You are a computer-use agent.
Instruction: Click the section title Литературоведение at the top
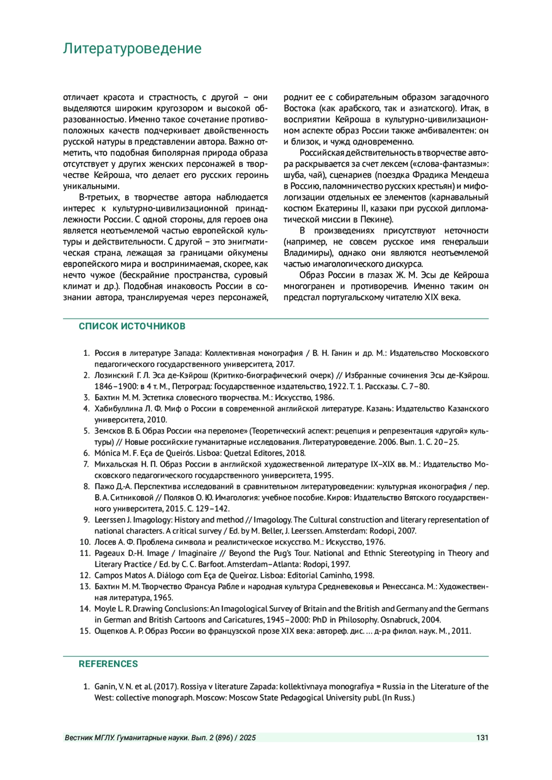click(x=132, y=49)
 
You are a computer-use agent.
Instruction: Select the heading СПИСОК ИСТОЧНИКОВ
click(x=132, y=326)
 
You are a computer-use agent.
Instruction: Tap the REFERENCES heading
click(x=108, y=664)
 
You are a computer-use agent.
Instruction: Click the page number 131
click(x=482, y=738)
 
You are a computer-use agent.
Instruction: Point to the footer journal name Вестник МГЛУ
click(x=89, y=738)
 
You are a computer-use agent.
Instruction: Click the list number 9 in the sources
click(x=86, y=520)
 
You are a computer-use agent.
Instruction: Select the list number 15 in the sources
click(x=85, y=631)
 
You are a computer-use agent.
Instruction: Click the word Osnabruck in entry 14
click(x=400, y=620)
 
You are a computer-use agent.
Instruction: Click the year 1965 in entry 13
click(x=164, y=598)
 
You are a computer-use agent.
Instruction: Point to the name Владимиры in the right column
click(x=305, y=253)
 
